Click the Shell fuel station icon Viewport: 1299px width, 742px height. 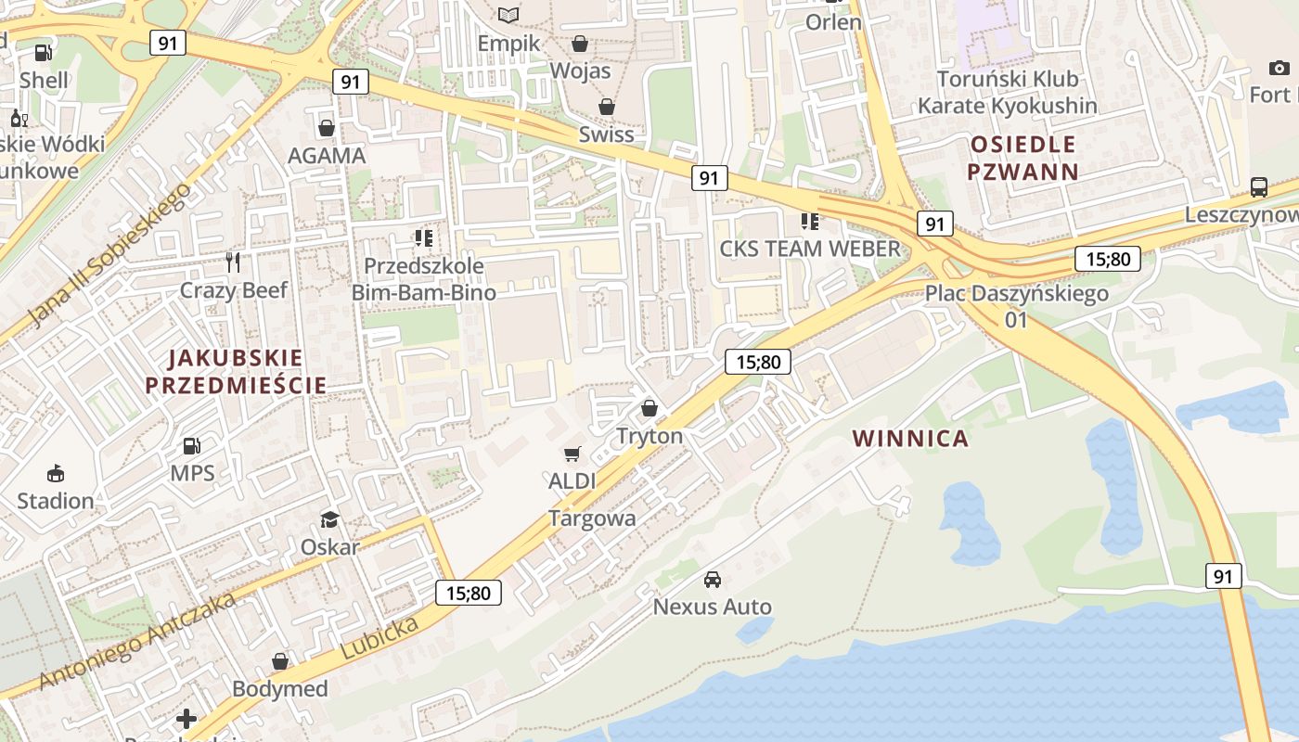(x=43, y=53)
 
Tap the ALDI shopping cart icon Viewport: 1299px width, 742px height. (x=572, y=454)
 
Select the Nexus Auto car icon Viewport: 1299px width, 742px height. (x=713, y=580)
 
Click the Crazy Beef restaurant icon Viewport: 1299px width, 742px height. (x=233, y=262)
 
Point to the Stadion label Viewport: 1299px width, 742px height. (x=56, y=501)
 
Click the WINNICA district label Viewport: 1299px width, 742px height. (x=910, y=439)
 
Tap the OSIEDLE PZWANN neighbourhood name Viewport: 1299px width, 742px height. (x=1022, y=158)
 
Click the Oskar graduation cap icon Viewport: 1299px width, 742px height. (x=329, y=519)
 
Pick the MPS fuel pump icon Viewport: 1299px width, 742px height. (x=191, y=446)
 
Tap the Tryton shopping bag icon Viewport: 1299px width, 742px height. (x=649, y=408)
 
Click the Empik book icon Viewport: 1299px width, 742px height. (x=508, y=15)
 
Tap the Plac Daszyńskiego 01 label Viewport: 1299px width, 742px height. (x=1016, y=306)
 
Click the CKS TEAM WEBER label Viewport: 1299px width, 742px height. (x=810, y=249)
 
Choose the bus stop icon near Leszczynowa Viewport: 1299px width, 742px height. (x=1259, y=186)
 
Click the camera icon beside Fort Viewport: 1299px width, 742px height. (x=1279, y=68)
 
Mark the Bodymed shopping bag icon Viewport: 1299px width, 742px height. (x=280, y=661)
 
